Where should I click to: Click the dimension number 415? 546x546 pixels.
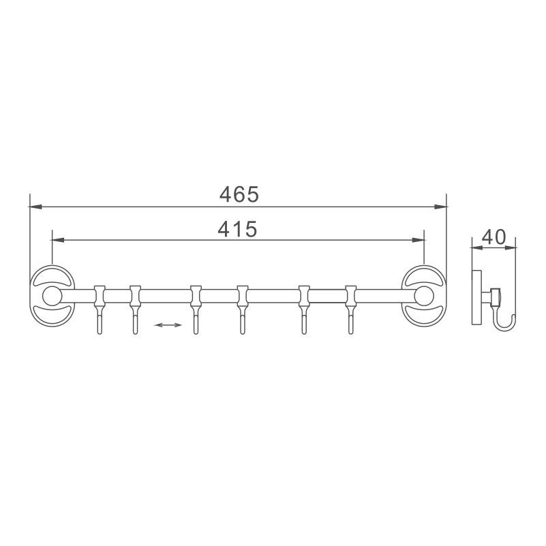237,230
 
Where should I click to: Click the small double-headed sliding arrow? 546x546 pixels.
168,325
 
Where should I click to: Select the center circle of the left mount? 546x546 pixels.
50,296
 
